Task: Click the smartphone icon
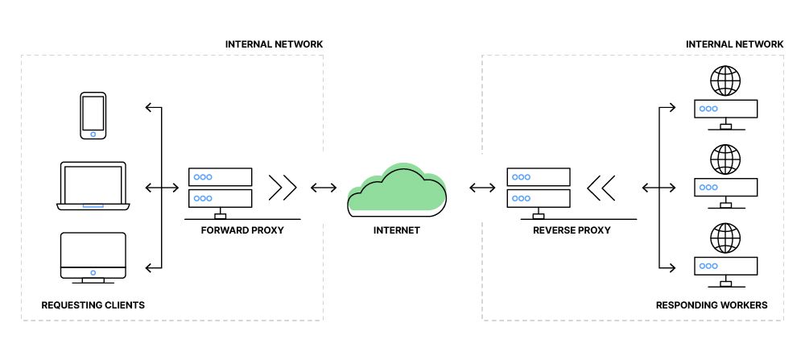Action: [93, 115]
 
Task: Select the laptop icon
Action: [93, 186]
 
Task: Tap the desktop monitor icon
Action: [93, 257]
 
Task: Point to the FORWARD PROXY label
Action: [243, 230]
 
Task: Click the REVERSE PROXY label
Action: [572, 230]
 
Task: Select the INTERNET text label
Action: [397, 230]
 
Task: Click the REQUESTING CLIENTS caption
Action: [93, 305]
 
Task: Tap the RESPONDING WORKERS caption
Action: [712, 305]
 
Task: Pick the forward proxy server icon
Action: [220, 188]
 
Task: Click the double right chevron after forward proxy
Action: [283, 188]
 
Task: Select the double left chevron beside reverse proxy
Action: [601, 188]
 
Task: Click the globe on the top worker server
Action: [725, 81]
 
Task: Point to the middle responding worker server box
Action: [725, 187]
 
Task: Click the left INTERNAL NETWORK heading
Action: [275, 43]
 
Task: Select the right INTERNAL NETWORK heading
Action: [734, 43]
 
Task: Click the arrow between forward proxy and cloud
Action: [324, 188]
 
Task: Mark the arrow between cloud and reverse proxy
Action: [483, 188]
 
